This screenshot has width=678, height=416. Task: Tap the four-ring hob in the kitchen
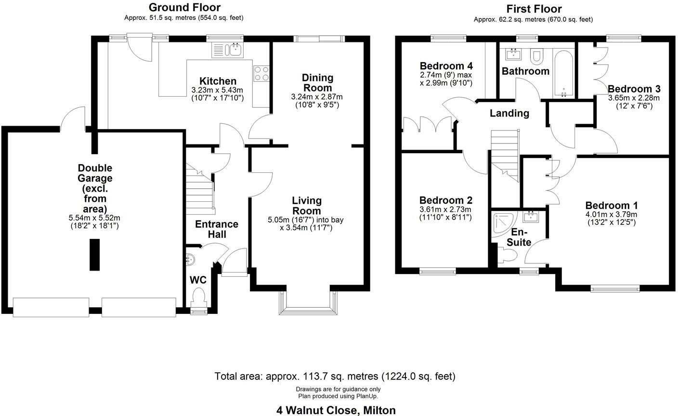(x=261, y=73)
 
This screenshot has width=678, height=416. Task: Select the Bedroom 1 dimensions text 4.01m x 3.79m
(x=611, y=215)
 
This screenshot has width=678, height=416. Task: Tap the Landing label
(x=509, y=114)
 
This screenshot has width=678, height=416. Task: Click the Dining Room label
(x=317, y=83)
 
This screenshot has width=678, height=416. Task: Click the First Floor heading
(x=534, y=9)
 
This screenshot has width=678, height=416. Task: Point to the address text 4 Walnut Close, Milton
(x=336, y=410)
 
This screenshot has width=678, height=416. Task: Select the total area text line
(x=335, y=376)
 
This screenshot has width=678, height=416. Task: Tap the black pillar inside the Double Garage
(x=94, y=255)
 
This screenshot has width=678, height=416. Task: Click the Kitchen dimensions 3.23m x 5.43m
(x=218, y=90)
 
